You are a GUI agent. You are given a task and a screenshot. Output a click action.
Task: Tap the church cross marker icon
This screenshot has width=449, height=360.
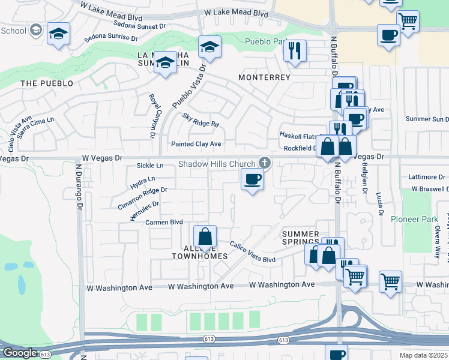click(x=264, y=162)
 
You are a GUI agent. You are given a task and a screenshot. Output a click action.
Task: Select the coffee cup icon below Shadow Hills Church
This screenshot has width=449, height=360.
click(x=252, y=179)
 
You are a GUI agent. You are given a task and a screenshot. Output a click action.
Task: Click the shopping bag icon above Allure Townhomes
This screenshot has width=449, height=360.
click(x=205, y=236)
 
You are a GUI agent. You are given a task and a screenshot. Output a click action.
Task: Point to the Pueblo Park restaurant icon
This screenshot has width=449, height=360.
click(x=294, y=51)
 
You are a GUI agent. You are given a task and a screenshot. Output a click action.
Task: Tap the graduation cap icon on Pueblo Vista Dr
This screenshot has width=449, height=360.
click(x=209, y=47)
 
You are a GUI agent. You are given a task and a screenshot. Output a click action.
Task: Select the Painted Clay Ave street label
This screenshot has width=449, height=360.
click(x=196, y=144)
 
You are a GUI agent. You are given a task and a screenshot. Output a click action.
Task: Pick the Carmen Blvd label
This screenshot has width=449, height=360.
click(x=164, y=222)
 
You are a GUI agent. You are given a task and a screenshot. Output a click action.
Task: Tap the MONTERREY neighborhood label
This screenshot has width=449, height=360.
click(x=264, y=77)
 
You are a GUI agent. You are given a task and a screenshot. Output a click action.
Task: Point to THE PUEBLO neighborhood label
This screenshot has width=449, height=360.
click(x=47, y=83)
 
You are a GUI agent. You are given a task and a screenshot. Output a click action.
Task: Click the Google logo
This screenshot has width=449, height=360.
click(x=20, y=353)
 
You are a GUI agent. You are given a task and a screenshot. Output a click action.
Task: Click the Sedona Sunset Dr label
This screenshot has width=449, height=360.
click(x=133, y=26)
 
